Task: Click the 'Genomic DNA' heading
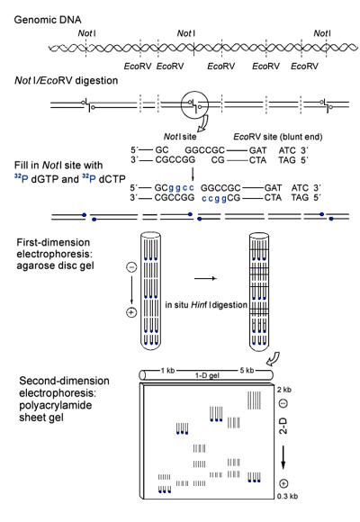[x=48, y=20]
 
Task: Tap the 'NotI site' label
[x=180, y=137]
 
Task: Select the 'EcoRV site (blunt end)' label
[x=278, y=137]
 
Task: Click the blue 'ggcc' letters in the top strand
[x=181, y=188]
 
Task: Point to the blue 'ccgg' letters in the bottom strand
[x=214, y=198]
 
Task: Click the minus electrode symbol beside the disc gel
[x=132, y=267]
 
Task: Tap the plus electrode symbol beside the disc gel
[x=132, y=312]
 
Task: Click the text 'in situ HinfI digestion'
[x=206, y=305]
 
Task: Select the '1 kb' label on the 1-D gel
[x=167, y=371]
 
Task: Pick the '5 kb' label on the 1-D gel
[x=247, y=370]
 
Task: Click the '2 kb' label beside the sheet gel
[x=283, y=390]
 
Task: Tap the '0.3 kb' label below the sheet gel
[x=287, y=497]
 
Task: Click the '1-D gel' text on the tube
[x=207, y=375]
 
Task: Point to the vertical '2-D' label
[x=283, y=426]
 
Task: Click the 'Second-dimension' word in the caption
[x=64, y=381]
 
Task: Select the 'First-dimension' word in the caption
[x=53, y=242]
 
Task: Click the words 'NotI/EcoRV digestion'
[x=67, y=81]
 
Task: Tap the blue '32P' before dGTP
[x=22, y=178]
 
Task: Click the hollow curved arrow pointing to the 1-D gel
[x=273, y=359]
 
